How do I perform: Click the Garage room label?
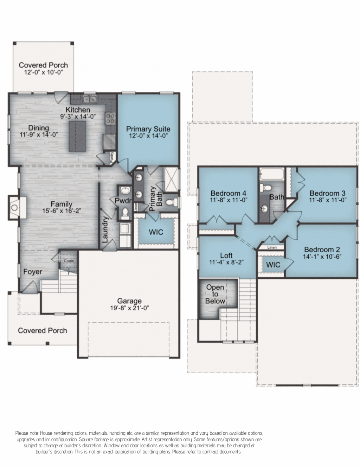(129, 301)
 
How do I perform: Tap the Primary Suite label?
(148, 129)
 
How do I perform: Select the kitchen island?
(77, 136)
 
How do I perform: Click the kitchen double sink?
(89, 99)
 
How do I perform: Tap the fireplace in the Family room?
(14, 207)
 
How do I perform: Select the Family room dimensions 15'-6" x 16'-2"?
(62, 211)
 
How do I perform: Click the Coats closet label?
(69, 261)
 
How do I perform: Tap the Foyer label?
(33, 272)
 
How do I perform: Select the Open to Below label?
(215, 294)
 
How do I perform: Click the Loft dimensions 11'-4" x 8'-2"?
(226, 262)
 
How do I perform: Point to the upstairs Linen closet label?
(272, 247)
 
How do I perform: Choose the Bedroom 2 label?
(322, 250)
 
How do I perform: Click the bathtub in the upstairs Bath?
(272, 174)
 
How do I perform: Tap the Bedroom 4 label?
(229, 193)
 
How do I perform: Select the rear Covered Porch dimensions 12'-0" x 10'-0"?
(44, 72)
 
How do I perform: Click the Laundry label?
(105, 229)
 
